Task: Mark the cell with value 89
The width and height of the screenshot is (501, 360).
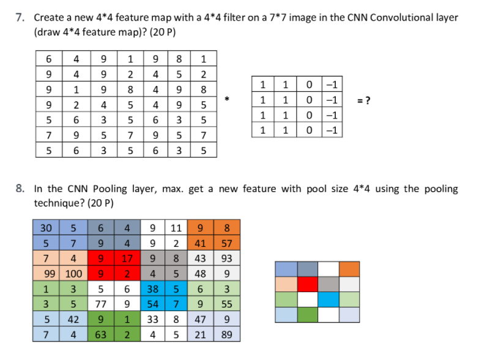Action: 227,335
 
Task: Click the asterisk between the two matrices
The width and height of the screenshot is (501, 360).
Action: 228,98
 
